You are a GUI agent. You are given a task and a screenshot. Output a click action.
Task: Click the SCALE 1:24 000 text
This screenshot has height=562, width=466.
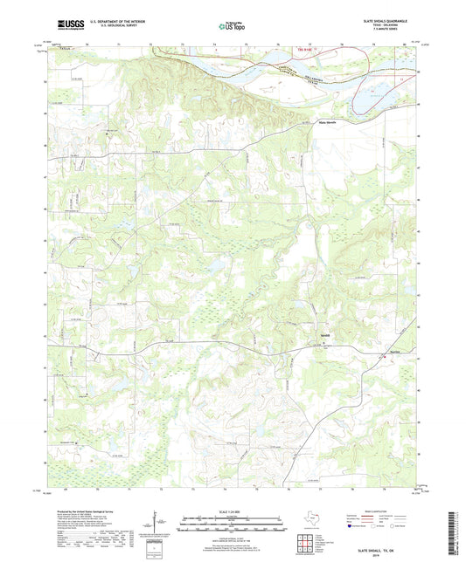click(x=232, y=511)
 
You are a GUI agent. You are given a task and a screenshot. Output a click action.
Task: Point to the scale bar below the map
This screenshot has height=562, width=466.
click(x=232, y=526)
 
